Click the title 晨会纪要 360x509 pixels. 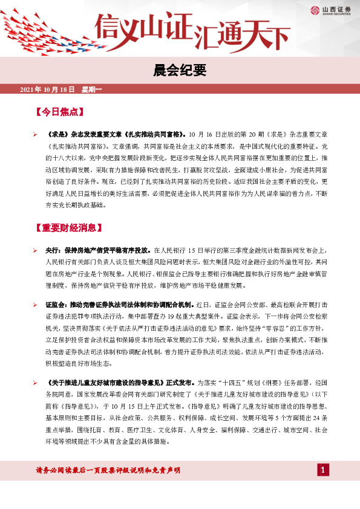tap(179, 71)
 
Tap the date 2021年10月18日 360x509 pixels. tap(47, 89)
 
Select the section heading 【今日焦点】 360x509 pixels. tap(59, 112)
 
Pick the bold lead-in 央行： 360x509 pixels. tap(53, 250)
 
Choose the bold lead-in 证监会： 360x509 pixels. tap(57, 303)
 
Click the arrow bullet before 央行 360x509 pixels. tap(35, 250)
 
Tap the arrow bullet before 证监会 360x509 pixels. tap(35, 303)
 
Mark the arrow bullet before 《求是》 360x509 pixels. tap(35, 135)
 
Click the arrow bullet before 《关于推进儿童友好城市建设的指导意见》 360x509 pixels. tap(35, 383)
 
